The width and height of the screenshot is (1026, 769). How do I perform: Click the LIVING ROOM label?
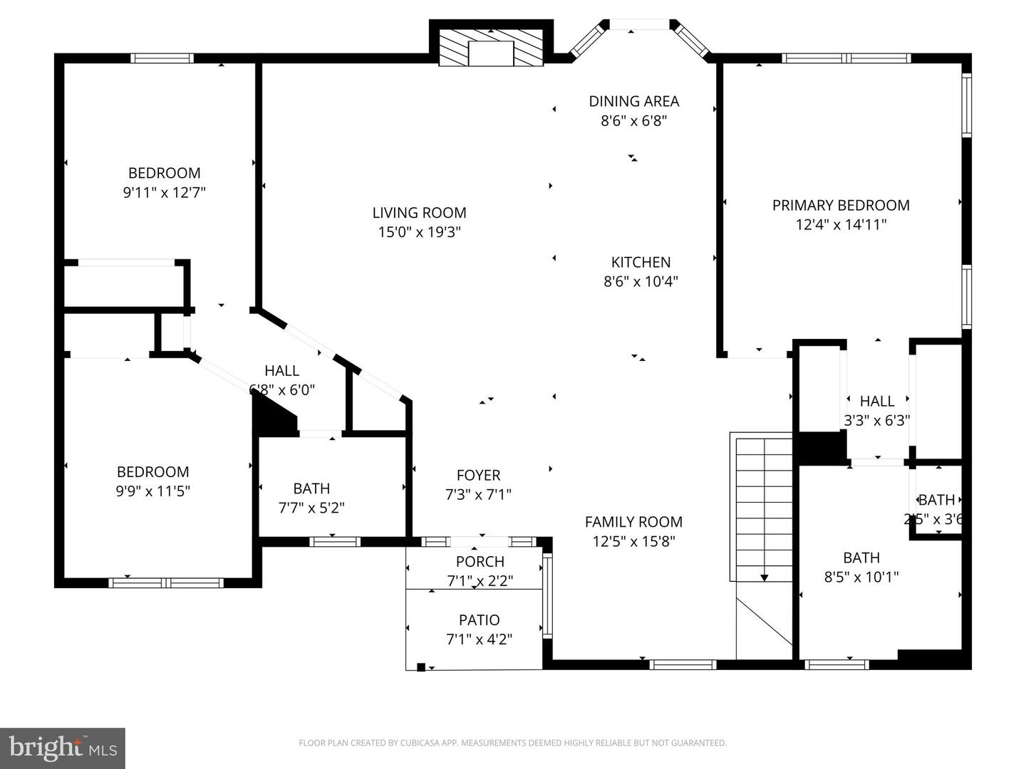(419, 212)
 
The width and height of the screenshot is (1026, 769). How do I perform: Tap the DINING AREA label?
(633, 101)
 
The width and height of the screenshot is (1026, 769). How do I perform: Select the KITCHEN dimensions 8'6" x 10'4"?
(641, 281)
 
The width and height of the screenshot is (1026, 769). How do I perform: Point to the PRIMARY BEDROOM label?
(841, 205)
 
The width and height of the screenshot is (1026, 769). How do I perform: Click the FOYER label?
(478, 475)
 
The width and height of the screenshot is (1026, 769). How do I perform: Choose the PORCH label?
(480, 562)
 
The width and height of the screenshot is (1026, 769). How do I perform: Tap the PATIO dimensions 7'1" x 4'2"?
(480, 639)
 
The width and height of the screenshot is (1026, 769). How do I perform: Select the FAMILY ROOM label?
(633, 522)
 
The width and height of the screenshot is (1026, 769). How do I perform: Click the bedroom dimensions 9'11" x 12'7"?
(165, 192)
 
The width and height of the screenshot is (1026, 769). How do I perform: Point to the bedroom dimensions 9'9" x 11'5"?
(153, 491)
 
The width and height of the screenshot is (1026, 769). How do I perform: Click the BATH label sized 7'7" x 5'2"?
(311, 488)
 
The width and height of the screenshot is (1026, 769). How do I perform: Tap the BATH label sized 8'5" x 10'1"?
(861, 558)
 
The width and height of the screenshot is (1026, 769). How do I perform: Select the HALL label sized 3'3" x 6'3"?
(877, 401)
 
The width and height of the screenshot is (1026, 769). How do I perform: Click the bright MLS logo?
(63, 748)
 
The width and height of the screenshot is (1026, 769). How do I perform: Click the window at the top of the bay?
(639, 25)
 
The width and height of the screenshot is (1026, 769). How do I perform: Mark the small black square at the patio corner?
(421, 667)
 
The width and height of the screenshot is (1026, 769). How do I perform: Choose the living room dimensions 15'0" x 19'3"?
(419, 232)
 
